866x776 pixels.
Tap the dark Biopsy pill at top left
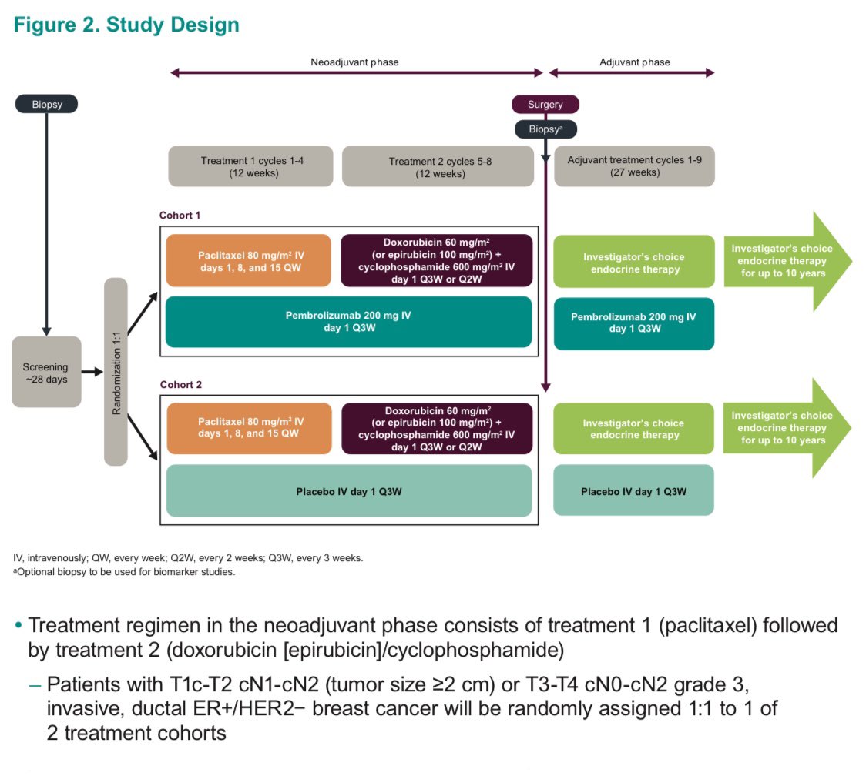point(46,105)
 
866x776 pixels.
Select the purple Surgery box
point(545,105)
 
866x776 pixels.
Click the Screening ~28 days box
point(46,372)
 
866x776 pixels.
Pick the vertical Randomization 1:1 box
point(116,372)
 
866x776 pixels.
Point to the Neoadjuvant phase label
point(354,62)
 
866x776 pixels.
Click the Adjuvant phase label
point(634,62)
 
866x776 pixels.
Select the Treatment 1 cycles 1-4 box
point(250,166)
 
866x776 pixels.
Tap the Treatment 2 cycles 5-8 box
point(437,166)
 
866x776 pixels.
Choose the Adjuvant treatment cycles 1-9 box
point(634,166)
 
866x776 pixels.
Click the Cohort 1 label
point(180,216)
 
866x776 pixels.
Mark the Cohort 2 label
point(180,384)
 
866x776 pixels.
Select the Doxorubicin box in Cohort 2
point(436,429)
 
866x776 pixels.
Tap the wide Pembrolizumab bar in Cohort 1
point(349,322)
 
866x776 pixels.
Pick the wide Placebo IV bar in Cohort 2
point(349,490)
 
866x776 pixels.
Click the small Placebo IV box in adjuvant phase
point(634,490)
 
